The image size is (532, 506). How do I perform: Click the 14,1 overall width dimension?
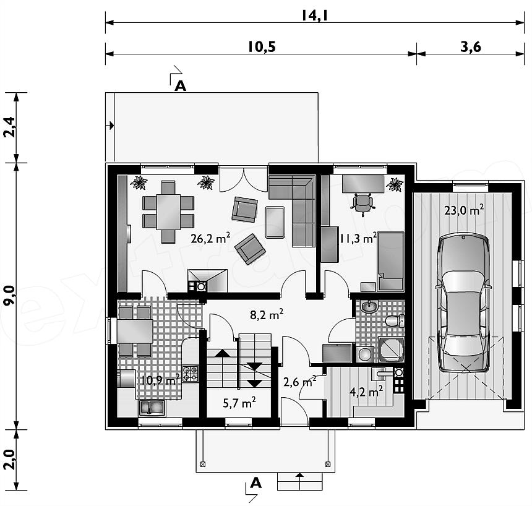314,15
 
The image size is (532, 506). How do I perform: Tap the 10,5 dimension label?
261,47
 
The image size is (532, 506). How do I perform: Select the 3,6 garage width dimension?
471,47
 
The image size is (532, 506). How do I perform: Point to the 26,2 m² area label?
210,238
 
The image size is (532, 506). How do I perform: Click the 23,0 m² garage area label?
464,210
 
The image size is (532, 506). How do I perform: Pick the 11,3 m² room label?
358,238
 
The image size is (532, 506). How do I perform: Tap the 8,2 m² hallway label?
267,315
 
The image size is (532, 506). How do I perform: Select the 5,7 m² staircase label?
239,403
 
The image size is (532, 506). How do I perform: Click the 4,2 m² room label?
366,392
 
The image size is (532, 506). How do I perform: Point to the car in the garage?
464,303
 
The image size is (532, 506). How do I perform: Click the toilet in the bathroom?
395,320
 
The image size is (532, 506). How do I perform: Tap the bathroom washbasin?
369,307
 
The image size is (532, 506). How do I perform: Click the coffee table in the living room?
275,222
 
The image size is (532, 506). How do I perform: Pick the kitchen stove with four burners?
191,373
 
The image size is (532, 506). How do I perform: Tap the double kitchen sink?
152,408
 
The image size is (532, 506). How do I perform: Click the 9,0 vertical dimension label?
9,296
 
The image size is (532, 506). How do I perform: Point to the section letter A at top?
180,86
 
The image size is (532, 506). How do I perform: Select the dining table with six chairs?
168,212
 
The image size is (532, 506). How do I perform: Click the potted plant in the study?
395,184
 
